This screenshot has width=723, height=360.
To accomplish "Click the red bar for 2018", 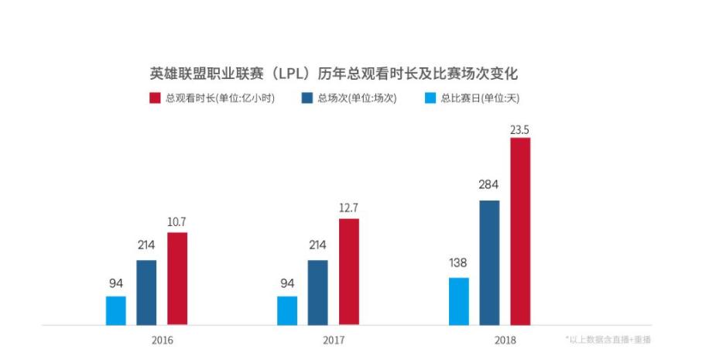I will click(519, 231).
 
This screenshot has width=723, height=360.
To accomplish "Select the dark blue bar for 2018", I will click(489, 262).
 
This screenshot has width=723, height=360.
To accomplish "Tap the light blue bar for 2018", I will click(458, 301).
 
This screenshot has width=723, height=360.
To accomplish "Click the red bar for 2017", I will click(348, 272).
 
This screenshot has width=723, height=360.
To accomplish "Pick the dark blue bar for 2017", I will click(317, 293).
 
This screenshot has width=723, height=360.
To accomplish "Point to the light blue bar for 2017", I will click(287, 310).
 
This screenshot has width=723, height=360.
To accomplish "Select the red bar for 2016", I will click(177, 279).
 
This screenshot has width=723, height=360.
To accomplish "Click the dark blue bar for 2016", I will click(146, 293).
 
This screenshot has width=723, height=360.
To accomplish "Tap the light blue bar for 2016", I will click(116, 310).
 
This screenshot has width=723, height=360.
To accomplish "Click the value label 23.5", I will click(519, 129).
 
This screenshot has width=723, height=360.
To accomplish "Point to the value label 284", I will click(489, 185).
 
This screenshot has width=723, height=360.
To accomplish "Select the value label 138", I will click(458, 262).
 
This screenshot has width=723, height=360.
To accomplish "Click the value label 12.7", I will click(348, 207).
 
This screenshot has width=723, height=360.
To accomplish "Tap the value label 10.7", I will click(177, 221).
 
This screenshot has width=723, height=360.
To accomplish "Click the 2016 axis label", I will click(163, 340).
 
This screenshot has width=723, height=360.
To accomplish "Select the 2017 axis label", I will click(334, 340).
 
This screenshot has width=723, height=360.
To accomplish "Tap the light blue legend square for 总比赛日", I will click(431, 98).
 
